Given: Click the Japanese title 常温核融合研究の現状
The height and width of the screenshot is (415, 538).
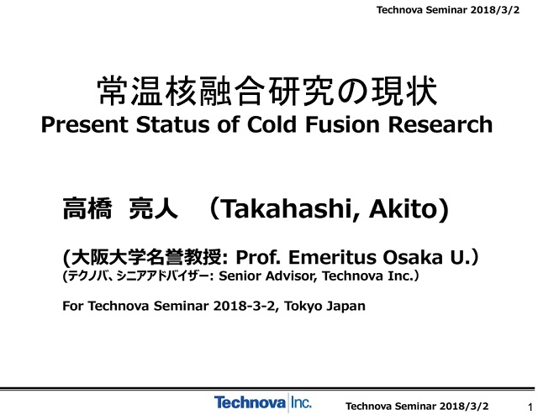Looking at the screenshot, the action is coord(267,91).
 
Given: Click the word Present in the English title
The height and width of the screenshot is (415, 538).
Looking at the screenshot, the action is coord(85,124).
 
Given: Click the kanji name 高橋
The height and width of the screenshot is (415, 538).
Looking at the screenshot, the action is coord(87,208).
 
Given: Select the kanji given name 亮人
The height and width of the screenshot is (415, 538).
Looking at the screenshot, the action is coord(153,208).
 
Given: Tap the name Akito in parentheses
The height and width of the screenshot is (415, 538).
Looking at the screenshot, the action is coord(403,208).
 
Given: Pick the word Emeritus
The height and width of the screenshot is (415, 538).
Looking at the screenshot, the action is coord(332,257).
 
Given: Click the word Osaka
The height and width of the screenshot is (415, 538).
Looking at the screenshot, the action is coord(413,257).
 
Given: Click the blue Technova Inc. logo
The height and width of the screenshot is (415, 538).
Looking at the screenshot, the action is coord(263,402).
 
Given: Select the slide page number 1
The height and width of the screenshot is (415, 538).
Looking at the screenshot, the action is coord(530,407).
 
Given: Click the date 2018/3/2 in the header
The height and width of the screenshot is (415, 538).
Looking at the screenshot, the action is coord(495,10).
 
